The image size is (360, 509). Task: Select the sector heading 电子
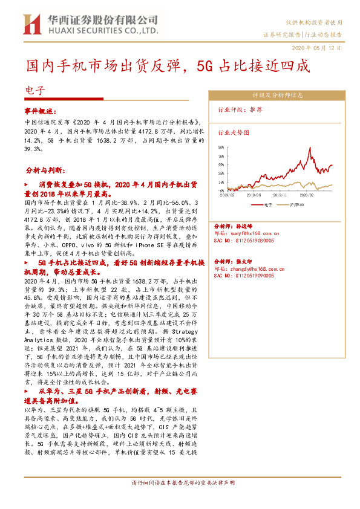tap(34, 91)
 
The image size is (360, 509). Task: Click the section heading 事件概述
tap(40, 112)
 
